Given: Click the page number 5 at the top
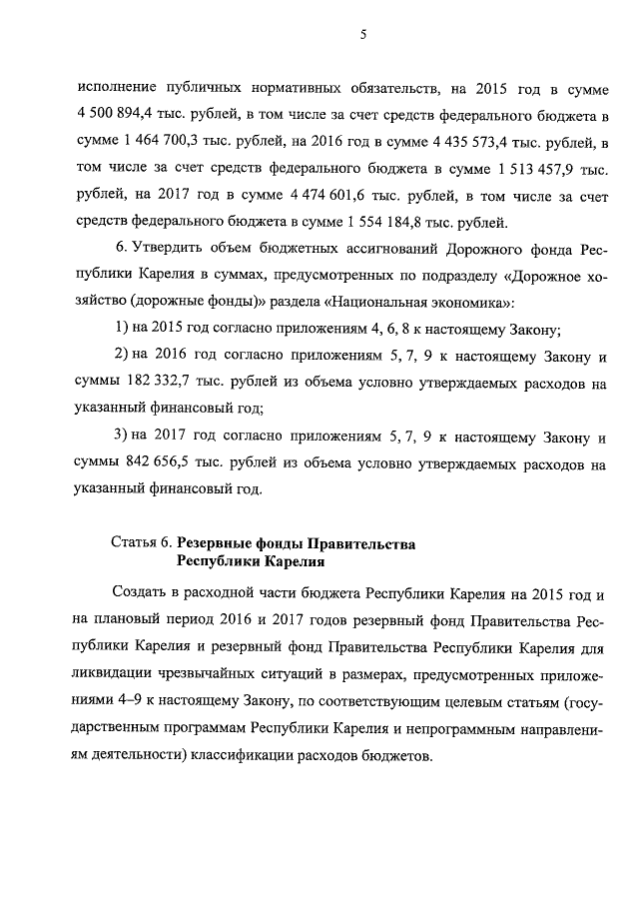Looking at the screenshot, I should [x=364, y=36].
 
